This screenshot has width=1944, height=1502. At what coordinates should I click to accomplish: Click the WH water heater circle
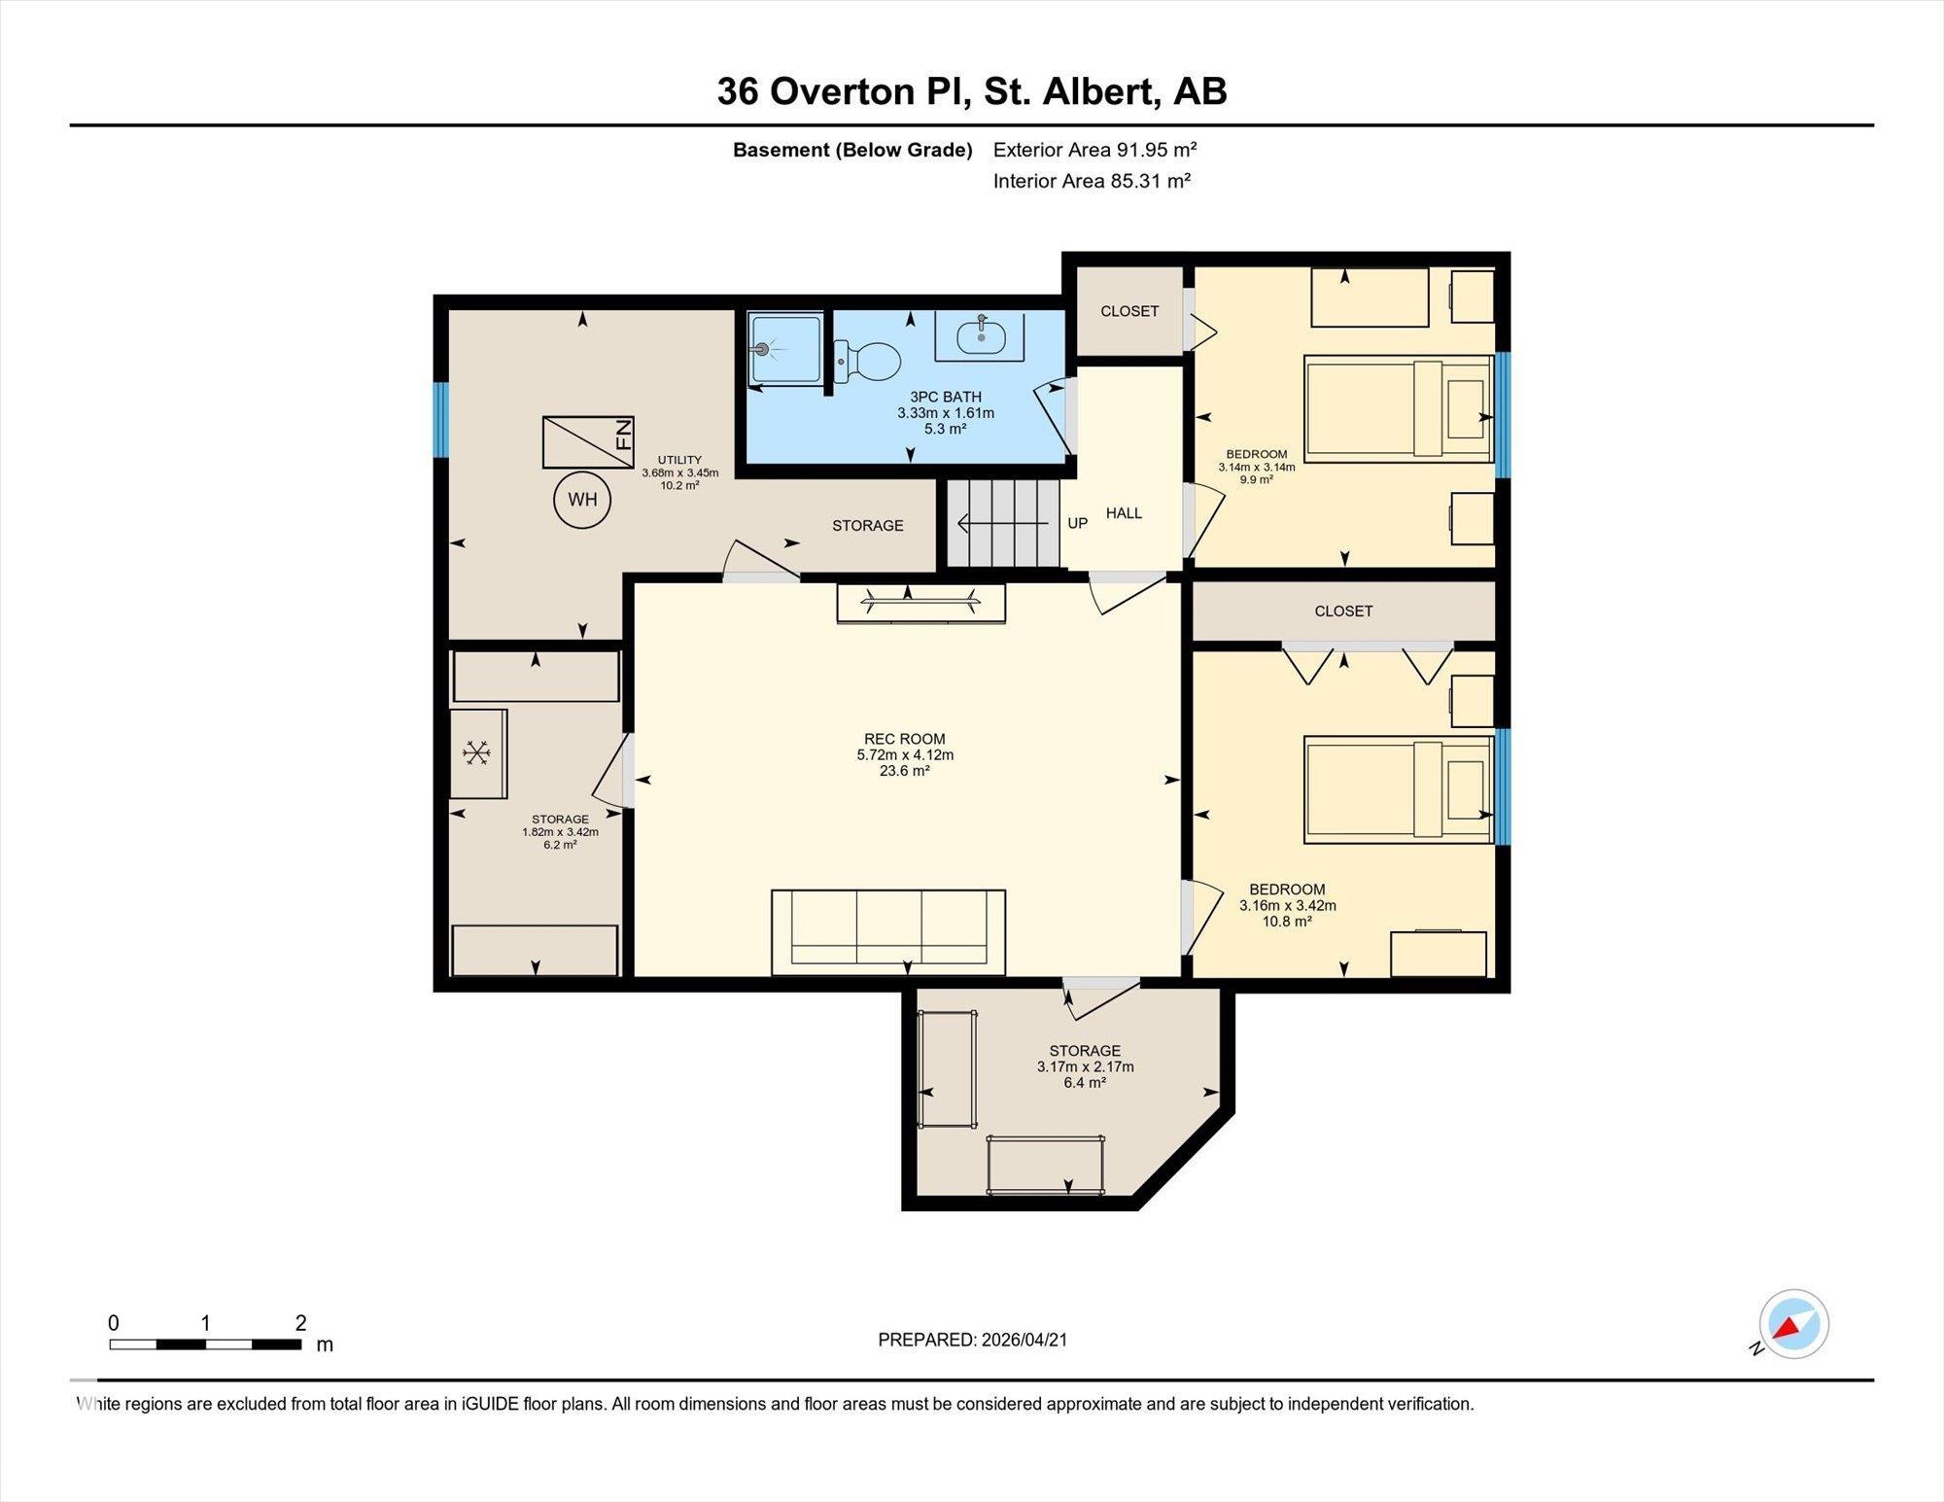tap(582, 500)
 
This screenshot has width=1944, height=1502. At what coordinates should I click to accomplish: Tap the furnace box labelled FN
tap(588, 442)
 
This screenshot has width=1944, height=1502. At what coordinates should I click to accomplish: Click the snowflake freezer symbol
tap(477, 753)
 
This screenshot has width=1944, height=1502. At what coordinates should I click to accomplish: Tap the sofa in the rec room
tap(888, 931)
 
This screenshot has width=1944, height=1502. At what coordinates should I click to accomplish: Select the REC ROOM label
tap(905, 739)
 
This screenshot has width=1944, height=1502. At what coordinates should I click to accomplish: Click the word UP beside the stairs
tap(1077, 523)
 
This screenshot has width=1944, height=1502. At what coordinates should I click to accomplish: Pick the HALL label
tap(1124, 513)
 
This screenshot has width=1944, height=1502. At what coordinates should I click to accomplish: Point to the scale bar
tap(205, 1345)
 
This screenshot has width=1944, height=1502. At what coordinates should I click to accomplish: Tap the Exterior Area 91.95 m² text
tap(1094, 150)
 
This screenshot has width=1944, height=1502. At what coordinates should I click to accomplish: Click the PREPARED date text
tap(973, 1340)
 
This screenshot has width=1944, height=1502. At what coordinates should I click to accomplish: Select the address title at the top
tap(972, 91)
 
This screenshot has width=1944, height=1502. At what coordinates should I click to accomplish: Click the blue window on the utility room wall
tap(440, 419)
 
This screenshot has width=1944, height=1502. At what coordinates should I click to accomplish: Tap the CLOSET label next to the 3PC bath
tap(1129, 311)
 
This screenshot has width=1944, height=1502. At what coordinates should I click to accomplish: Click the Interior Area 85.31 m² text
tap(1092, 181)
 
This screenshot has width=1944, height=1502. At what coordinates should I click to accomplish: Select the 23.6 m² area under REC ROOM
tap(905, 771)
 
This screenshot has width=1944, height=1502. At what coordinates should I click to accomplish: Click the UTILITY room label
tap(679, 460)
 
